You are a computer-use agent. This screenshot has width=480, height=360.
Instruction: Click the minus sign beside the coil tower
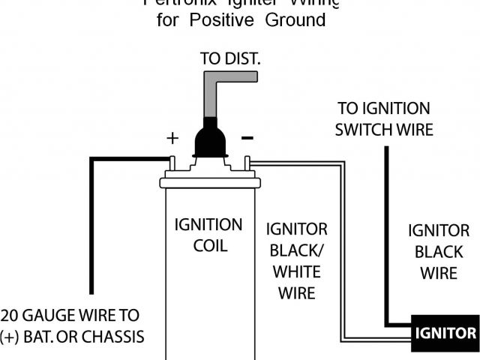(247, 138)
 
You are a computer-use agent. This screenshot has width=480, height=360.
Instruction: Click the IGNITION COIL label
(208, 235)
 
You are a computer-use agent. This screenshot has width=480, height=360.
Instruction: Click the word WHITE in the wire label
(296, 271)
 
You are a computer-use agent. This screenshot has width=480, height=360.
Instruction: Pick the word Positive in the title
(222, 20)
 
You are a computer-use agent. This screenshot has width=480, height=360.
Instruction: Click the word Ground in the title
(295, 20)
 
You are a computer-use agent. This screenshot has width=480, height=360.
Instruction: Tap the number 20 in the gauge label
(10, 314)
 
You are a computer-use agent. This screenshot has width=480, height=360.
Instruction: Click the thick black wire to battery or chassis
(92, 225)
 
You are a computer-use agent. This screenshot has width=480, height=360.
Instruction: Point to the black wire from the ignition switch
(387, 240)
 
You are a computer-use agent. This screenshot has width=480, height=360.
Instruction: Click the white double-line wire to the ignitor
(344, 247)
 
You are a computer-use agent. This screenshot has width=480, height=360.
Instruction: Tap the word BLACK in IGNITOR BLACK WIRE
(439, 252)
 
